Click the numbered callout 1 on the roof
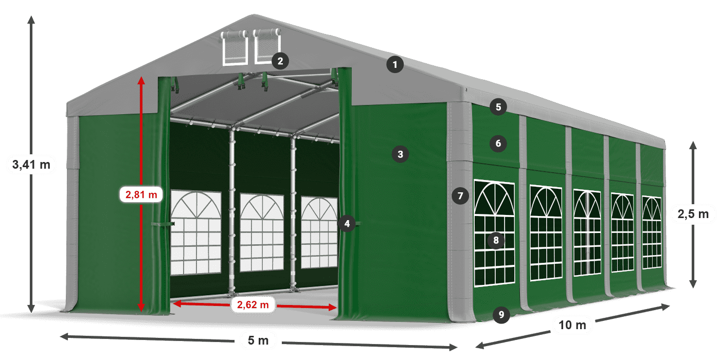click(395, 65)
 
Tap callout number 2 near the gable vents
click(280, 61)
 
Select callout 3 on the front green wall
click(400, 153)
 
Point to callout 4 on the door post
click(347, 223)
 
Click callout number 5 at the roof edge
click(498, 107)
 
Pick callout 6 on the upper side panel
click(498, 143)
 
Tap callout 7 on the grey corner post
click(460, 195)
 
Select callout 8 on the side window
click(496, 240)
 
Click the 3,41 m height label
click(31, 165)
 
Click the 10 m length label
click(572, 325)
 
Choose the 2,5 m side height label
click(693, 213)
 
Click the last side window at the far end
click(652, 232)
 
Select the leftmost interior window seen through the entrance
click(195, 232)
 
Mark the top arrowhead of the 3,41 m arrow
click(31, 19)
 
